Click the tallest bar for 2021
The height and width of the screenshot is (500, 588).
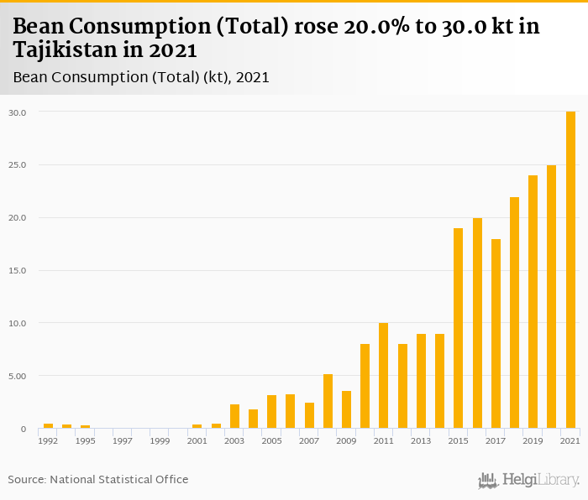coord(571,269)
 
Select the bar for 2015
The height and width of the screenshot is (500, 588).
coord(459,328)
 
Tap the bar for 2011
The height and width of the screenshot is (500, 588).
coord(384,376)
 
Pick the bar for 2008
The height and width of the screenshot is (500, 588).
coord(328,401)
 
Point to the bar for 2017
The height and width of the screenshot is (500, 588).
coord(496,334)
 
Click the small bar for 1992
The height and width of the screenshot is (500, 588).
coord(49,426)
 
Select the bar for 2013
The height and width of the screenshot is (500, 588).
coord(422,381)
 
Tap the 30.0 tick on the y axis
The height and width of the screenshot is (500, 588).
coord(18,112)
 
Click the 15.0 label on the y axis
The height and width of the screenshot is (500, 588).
coord(18,270)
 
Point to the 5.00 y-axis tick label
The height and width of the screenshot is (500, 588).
coord(18,376)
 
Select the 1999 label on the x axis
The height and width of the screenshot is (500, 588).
coord(160,440)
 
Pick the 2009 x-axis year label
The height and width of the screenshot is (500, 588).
coord(346,440)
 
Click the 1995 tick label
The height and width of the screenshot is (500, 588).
coord(85,440)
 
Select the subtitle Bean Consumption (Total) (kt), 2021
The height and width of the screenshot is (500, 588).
coord(141,77)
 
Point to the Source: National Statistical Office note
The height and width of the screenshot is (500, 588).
coord(98,479)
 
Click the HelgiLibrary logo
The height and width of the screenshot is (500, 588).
coord(529,481)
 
